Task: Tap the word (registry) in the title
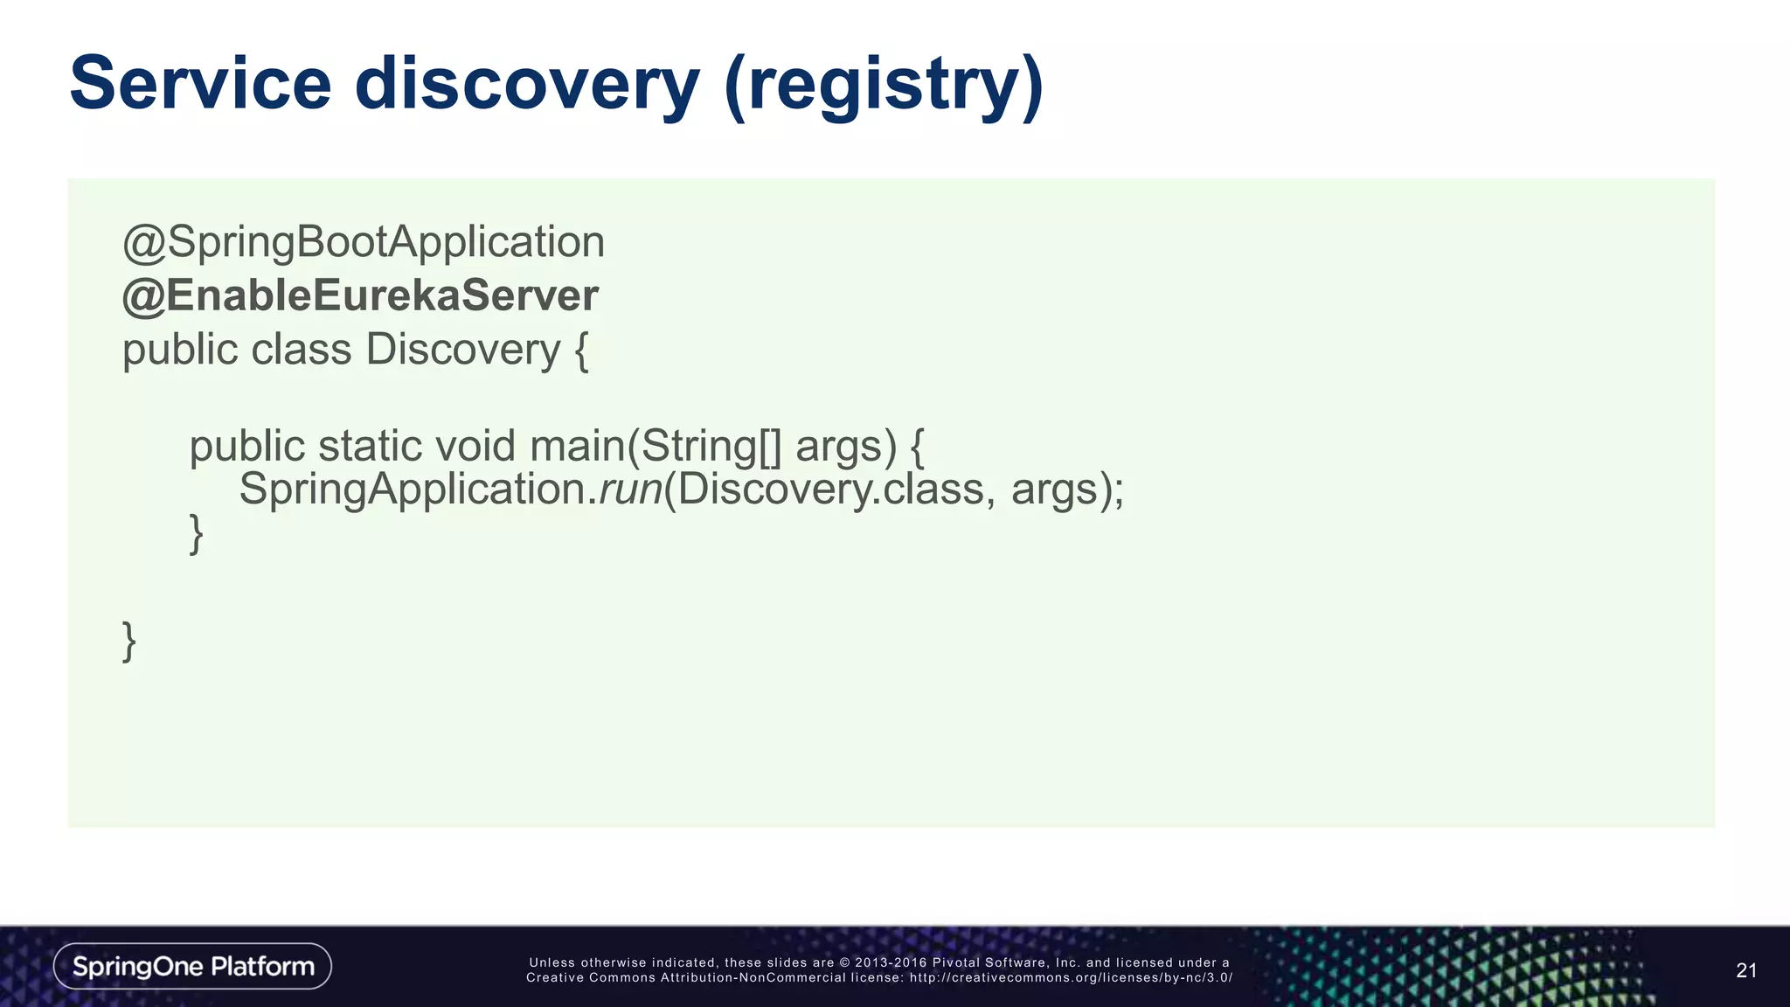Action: [x=884, y=86]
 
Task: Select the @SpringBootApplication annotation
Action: [x=364, y=242]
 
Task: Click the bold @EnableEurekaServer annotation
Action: [x=360, y=295]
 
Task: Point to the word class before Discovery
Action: [x=301, y=350]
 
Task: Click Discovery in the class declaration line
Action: [x=462, y=350]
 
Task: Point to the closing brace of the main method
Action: [x=197, y=533]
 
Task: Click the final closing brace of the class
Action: [x=129, y=642]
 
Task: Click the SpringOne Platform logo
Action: [x=192, y=966]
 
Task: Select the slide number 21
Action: [x=1745, y=970]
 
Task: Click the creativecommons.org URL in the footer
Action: [x=1070, y=977]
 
